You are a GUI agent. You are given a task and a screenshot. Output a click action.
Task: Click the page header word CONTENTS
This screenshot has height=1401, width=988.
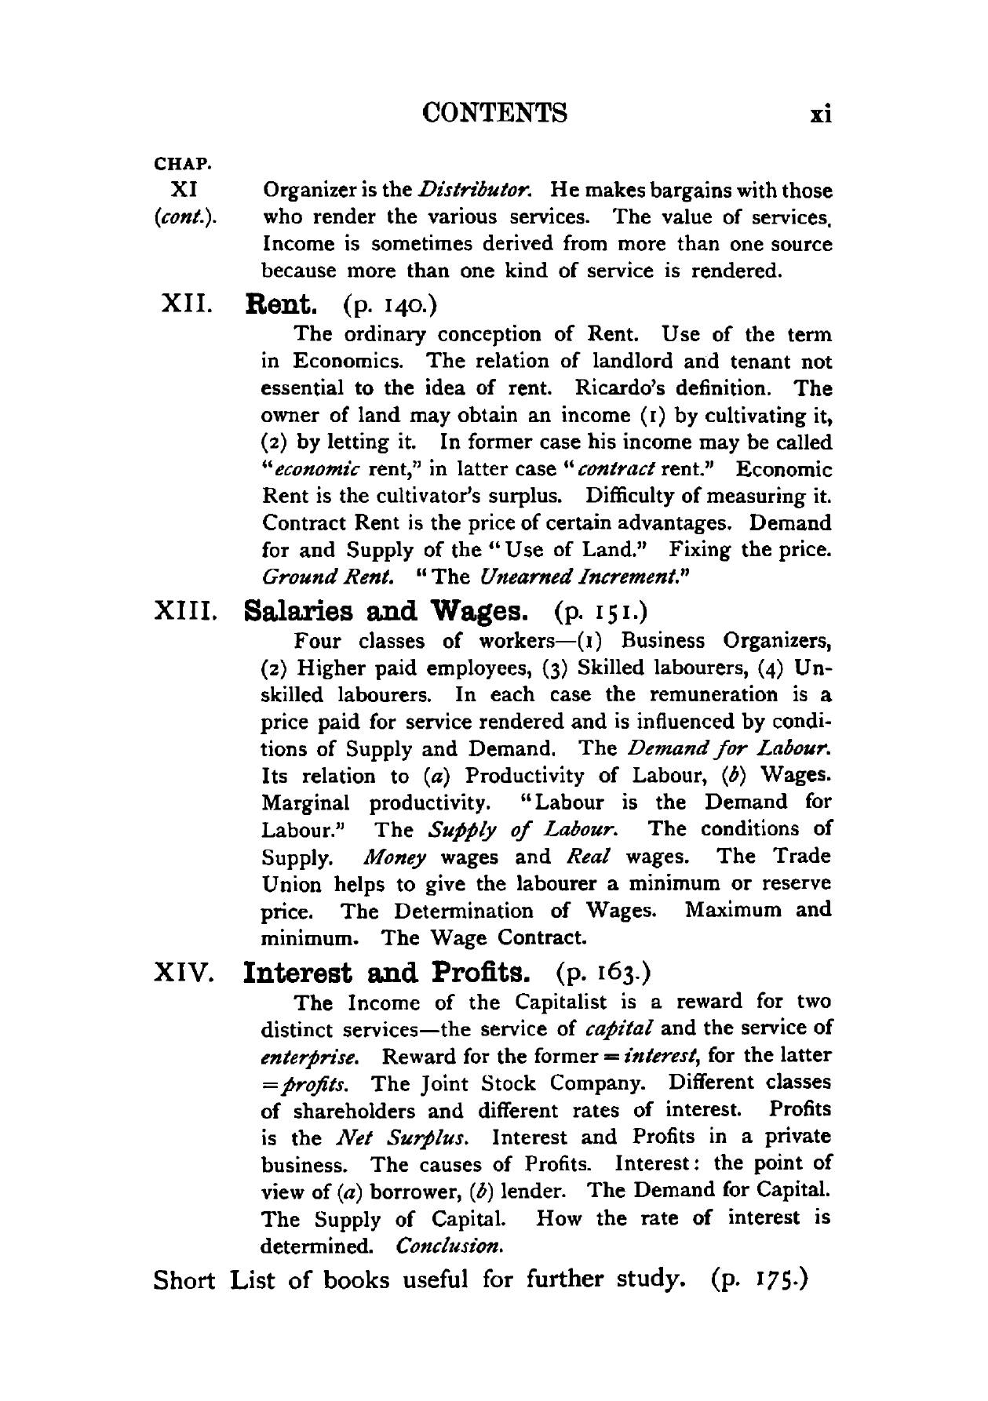point(494,113)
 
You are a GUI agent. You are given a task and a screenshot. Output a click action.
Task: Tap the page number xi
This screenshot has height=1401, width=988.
point(820,115)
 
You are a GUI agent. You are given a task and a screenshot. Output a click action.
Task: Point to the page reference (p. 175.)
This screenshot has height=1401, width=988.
point(759,1280)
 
